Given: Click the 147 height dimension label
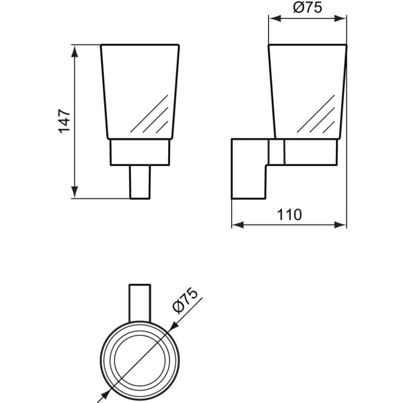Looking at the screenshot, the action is tap(64, 121).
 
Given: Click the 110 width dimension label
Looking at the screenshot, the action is tap(289, 215).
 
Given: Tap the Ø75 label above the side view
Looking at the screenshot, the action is tap(307, 8).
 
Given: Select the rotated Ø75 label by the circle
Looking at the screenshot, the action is tap(185, 301).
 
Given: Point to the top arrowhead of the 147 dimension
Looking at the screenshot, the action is tap(75, 52).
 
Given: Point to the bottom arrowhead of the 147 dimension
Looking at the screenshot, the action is tap(75, 192).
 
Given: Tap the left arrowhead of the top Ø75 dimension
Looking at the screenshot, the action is tap(274, 19).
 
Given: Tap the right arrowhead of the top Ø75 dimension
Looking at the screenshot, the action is tap(341, 19).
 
